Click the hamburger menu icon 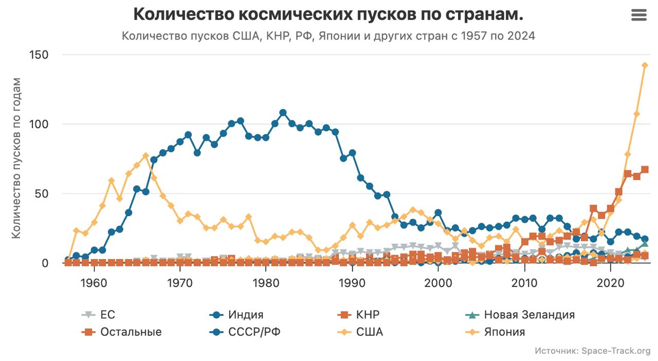click(638, 15)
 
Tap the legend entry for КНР click(367, 315)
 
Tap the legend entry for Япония click(504, 332)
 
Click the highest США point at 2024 click(645, 65)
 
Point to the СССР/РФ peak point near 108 click(283, 113)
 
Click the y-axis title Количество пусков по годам click(16, 158)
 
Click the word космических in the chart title click(295, 14)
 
